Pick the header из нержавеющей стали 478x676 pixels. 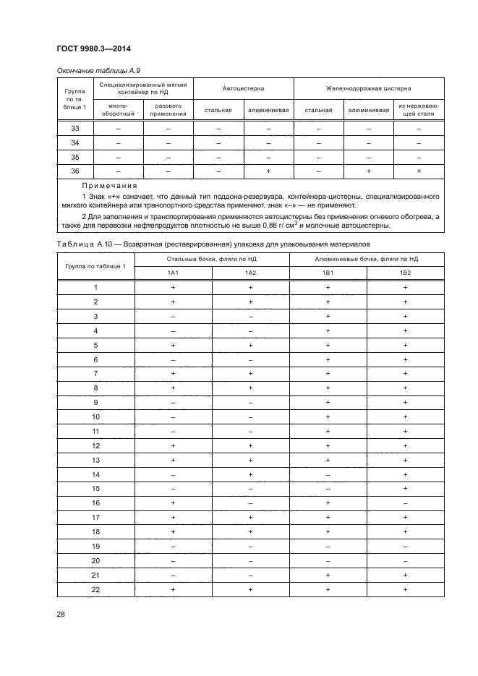click(419, 109)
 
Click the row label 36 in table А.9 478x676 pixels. click(75, 171)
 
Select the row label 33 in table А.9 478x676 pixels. click(75, 129)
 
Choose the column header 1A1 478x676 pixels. click(174, 272)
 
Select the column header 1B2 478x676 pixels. click(406, 272)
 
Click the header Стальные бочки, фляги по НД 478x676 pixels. click(212, 258)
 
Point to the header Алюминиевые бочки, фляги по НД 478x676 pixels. click(367, 258)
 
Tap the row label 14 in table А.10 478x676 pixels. click(95, 474)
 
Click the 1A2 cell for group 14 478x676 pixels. click(250, 474)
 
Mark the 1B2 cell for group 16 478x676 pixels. click(406, 502)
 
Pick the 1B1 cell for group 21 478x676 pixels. click(328, 575)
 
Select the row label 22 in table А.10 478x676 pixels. click(95, 589)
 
